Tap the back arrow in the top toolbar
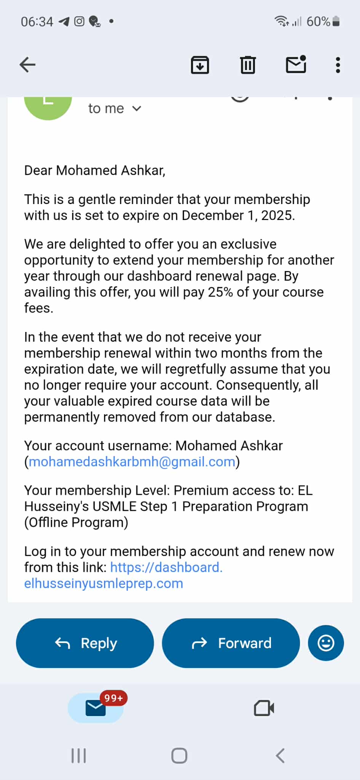27,65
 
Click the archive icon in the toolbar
200,65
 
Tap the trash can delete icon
248,65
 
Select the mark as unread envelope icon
296,64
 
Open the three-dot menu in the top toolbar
338,65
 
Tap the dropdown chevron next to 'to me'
137,109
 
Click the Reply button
85,643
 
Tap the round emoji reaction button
326,643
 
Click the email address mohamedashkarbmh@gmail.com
132,462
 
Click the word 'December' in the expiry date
212,215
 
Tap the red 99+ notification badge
113,698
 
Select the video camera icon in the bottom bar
264,708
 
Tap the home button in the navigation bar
179,756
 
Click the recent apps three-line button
79,756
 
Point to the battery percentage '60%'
318,22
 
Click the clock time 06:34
37,22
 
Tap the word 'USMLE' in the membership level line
114,506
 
